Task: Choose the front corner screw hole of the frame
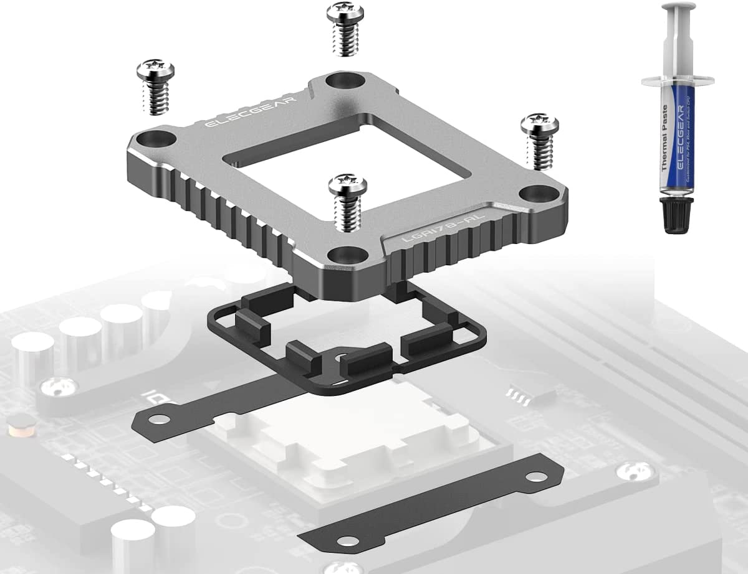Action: (341, 255)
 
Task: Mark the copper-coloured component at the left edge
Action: (12, 430)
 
